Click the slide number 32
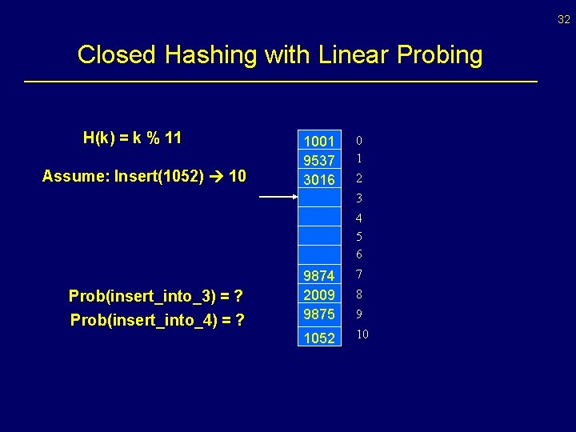(x=564, y=20)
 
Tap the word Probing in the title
(x=438, y=55)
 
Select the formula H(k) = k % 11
(x=133, y=138)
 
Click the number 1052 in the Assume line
(x=188, y=175)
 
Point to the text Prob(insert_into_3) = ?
(x=156, y=296)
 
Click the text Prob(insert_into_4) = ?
(x=157, y=320)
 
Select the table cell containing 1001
(x=319, y=142)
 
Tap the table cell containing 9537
(x=319, y=161)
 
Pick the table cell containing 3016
(x=319, y=180)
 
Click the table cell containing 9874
(x=319, y=276)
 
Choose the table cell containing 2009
(x=319, y=295)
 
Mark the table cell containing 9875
(x=319, y=314)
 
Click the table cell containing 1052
(x=319, y=338)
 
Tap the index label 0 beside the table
(x=360, y=141)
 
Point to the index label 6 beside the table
(x=360, y=255)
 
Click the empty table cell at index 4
(x=319, y=217)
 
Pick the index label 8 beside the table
(x=360, y=294)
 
